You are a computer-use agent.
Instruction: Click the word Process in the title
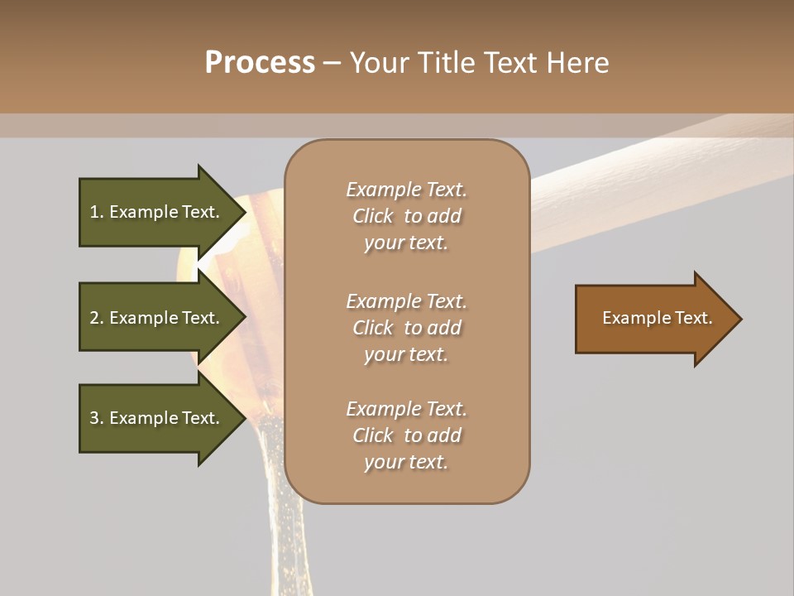click(260, 63)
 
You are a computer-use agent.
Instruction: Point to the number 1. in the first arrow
click(97, 212)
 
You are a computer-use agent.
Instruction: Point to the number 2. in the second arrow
click(97, 318)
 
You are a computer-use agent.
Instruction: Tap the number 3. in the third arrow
click(97, 418)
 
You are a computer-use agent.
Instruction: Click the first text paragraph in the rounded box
click(406, 216)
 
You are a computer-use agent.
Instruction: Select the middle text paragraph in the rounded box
click(406, 328)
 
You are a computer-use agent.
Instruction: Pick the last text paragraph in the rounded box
click(406, 435)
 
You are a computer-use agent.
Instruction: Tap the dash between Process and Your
click(332, 63)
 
